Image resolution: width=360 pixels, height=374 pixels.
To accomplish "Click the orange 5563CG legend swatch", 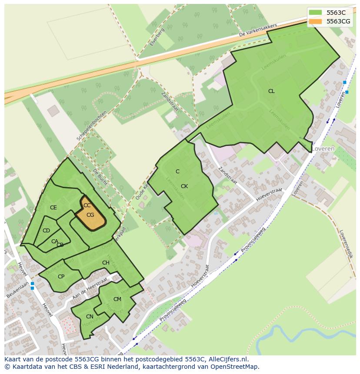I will point(316,21).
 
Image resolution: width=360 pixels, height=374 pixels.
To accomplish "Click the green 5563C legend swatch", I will point(316,13).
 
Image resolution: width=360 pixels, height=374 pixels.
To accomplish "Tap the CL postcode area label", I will point(271,91).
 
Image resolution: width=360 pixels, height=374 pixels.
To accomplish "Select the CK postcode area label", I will point(184,186).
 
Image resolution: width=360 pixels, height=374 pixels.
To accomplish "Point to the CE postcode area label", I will point(53,208).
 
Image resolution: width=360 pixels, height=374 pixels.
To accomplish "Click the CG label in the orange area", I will point(90,215).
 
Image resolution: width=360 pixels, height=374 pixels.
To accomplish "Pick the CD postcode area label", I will point(46,231).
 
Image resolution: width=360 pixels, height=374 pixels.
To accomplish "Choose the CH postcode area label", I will point(106,263).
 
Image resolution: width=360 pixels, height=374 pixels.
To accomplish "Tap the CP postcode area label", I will point(61,277).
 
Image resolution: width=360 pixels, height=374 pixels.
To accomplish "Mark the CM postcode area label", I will point(117,299).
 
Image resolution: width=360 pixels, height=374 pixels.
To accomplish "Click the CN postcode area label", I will point(90,317).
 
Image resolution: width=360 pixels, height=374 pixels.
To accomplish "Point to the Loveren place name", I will point(323,149).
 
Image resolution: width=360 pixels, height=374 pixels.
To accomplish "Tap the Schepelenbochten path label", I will point(92,125).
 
